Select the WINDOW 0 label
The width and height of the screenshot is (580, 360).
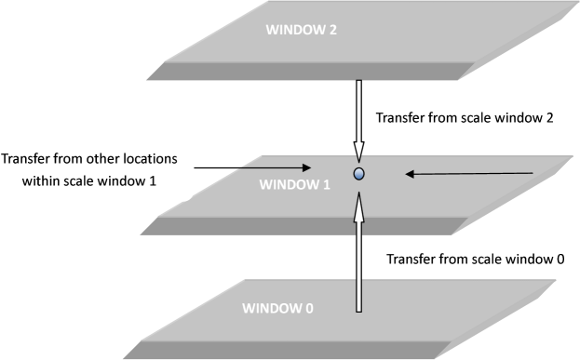[276, 307]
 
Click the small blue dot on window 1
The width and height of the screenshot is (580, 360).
[358, 173]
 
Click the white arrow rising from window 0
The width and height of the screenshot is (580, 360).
[358, 251]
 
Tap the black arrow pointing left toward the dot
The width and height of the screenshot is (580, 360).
[470, 173]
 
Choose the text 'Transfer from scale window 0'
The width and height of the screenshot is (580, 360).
[475, 259]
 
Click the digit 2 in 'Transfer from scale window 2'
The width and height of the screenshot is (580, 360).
[550, 119]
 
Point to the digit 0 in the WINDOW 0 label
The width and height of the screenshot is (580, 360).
[307, 307]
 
